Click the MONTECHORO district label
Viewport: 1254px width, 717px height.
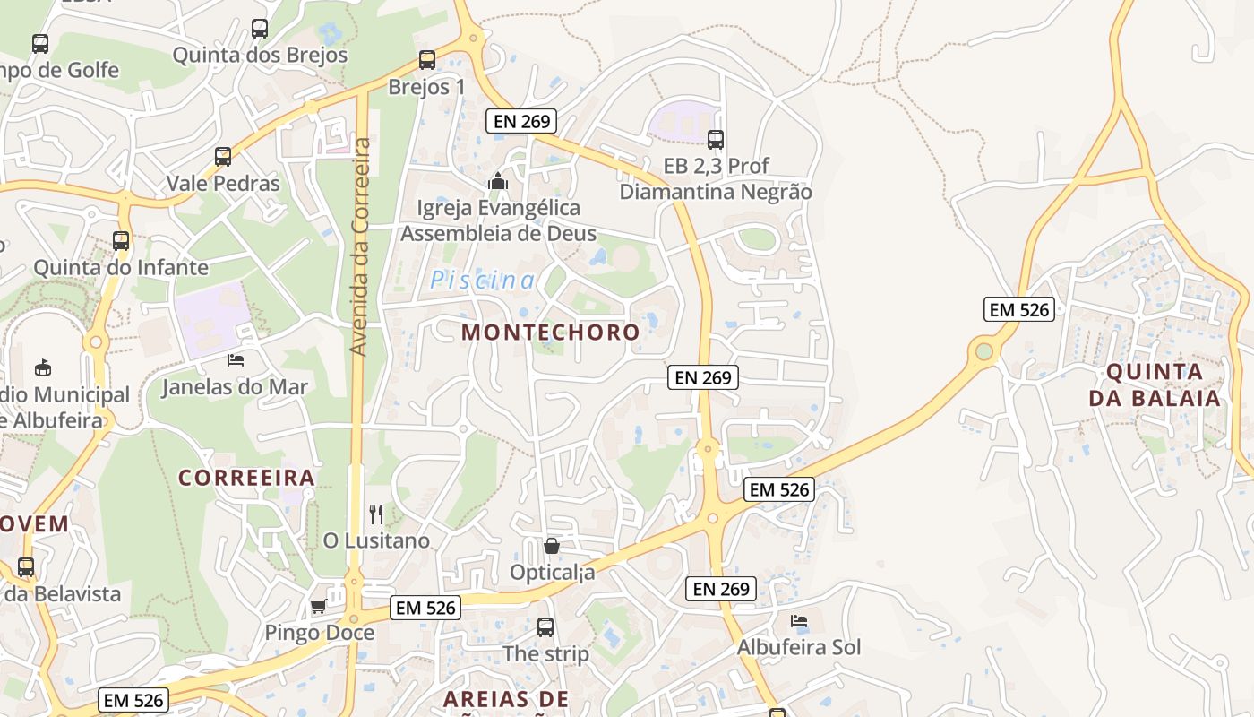pos(551,332)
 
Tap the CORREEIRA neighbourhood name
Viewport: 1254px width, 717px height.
pos(246,478)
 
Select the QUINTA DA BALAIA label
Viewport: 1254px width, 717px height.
pos(1155,384)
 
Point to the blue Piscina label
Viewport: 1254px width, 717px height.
pos(482,281)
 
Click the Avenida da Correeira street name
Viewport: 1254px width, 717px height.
pos(360,246)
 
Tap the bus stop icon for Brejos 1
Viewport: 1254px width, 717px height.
pos(427,60)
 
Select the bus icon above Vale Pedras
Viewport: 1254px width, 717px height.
pos(223,157)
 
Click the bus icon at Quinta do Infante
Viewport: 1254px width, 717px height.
pos(121,240)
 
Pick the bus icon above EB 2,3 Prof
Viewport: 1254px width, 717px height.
pos(715,139)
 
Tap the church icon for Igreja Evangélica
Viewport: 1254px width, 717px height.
pos(497,182)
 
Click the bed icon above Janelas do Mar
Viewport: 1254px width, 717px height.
pos(236,360)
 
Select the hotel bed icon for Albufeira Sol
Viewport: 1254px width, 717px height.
pos(799,620)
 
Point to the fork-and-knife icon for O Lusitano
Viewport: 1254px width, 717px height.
pos(376,514)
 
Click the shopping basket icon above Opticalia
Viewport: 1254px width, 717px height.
pos(552,545)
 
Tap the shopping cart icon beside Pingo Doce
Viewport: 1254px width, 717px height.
pos(318,607)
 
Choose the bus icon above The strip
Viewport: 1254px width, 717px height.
pos(545,627)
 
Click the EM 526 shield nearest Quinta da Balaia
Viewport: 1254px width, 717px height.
pos(1018,309)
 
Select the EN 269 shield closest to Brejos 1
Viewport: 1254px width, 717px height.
pos(521,121)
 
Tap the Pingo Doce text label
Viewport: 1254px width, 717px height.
pos(319,633)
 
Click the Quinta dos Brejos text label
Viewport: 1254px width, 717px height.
pos(260,55)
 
